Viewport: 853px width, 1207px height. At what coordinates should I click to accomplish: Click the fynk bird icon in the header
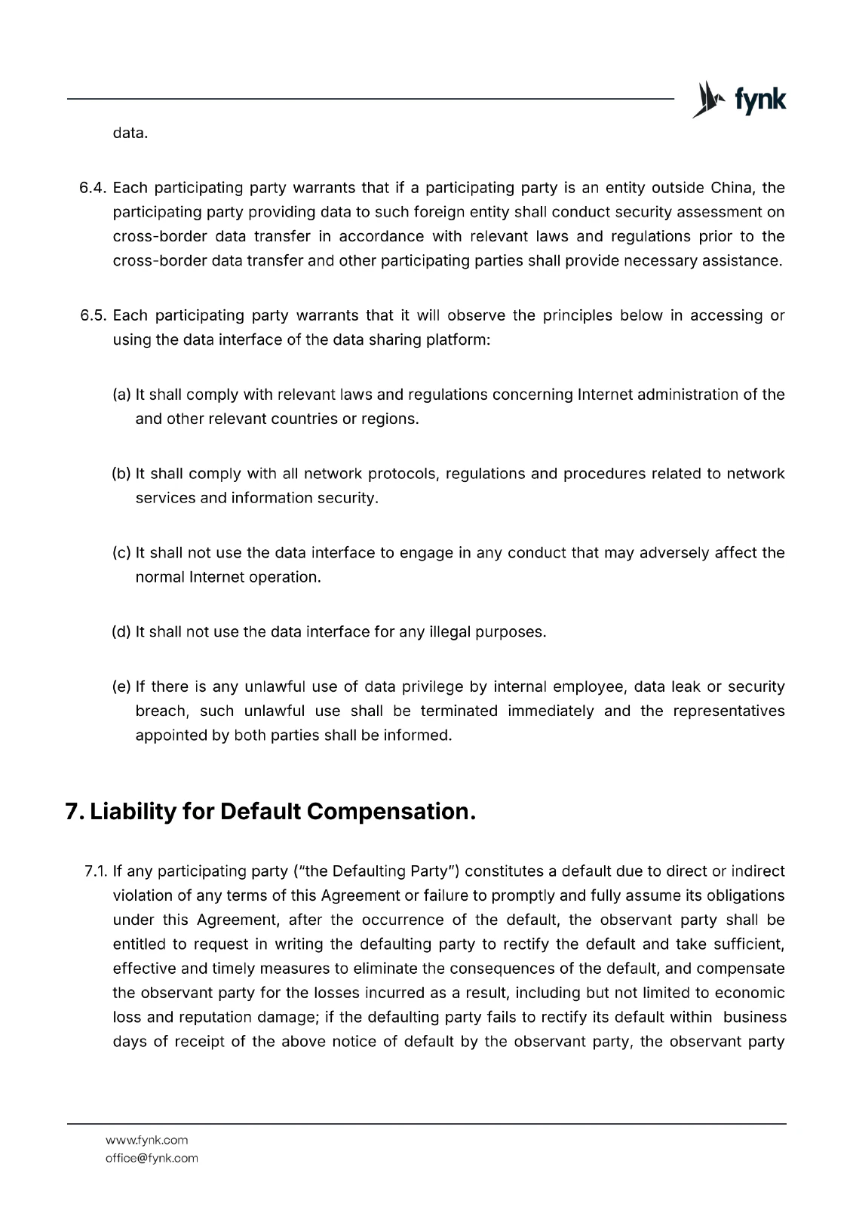pyautogui.click(x=707, y=100)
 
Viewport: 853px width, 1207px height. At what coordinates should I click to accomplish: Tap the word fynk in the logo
pyautogui.click(x=759, y=100)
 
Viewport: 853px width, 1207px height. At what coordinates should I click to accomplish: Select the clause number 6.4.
pyautogui.click(x=95, y=188)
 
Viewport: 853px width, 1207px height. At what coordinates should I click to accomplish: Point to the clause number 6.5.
pyautogui.click(x=95, y=315)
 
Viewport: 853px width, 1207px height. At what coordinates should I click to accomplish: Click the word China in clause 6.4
pyautogui.click(x=732, y=188)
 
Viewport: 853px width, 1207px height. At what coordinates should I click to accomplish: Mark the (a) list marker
pyautogui.click(x=121, y=395)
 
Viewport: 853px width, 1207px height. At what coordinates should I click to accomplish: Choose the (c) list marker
pyautogui.click(x=121, y=553)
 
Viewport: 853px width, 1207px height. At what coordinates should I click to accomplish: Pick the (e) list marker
pyautogui.click(x=121, y=687)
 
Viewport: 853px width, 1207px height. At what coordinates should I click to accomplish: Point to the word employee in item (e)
pyautogui.click(x=588, y=687)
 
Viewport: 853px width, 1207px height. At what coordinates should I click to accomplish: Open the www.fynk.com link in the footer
pyautogui.click(x=146, y=1140)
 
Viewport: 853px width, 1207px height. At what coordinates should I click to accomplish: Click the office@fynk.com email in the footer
pyautogui.click(x=152, y=1158)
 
